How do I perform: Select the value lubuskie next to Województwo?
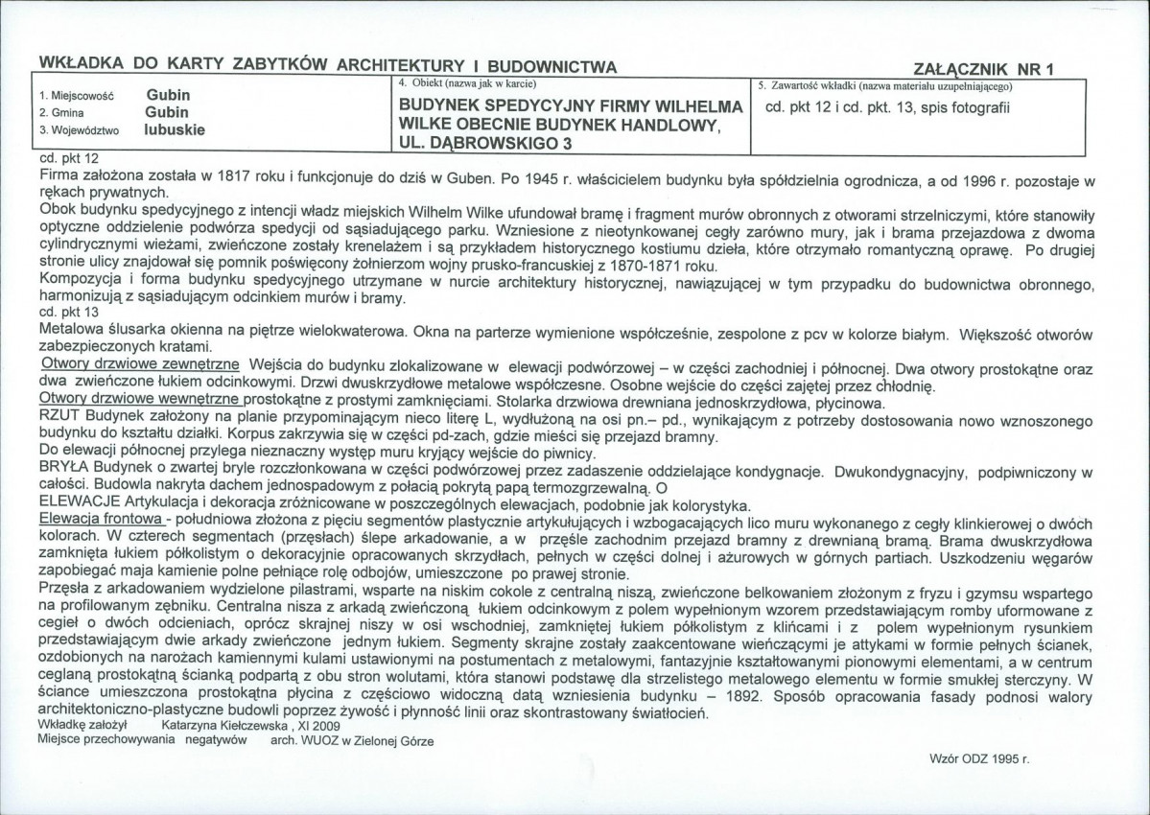pyautogui.click(x=176, y=128)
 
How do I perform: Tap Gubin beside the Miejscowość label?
pyautogui.click(x=168, y=95)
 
